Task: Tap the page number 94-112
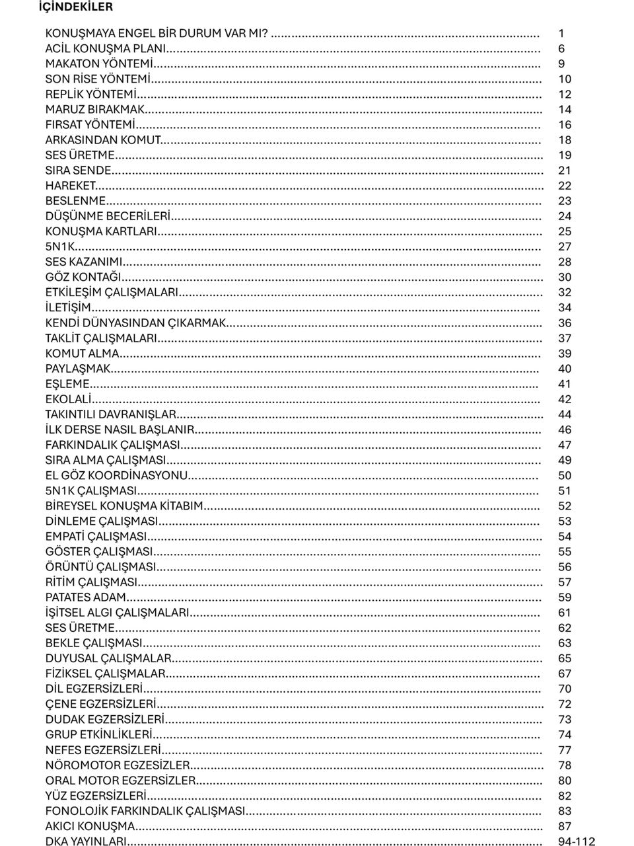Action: (576, 842)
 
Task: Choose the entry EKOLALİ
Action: (68, 399)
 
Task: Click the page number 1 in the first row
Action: (561, 33)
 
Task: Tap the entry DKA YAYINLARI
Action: (85, 842)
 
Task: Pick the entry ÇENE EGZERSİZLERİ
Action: (101, 705)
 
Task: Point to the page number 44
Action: (565, 415)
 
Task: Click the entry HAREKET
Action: (71, 186)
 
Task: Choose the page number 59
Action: (565, 597)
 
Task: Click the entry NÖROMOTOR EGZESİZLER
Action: (118, 765)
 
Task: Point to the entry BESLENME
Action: (75, 201)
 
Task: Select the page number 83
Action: (565, 811)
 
